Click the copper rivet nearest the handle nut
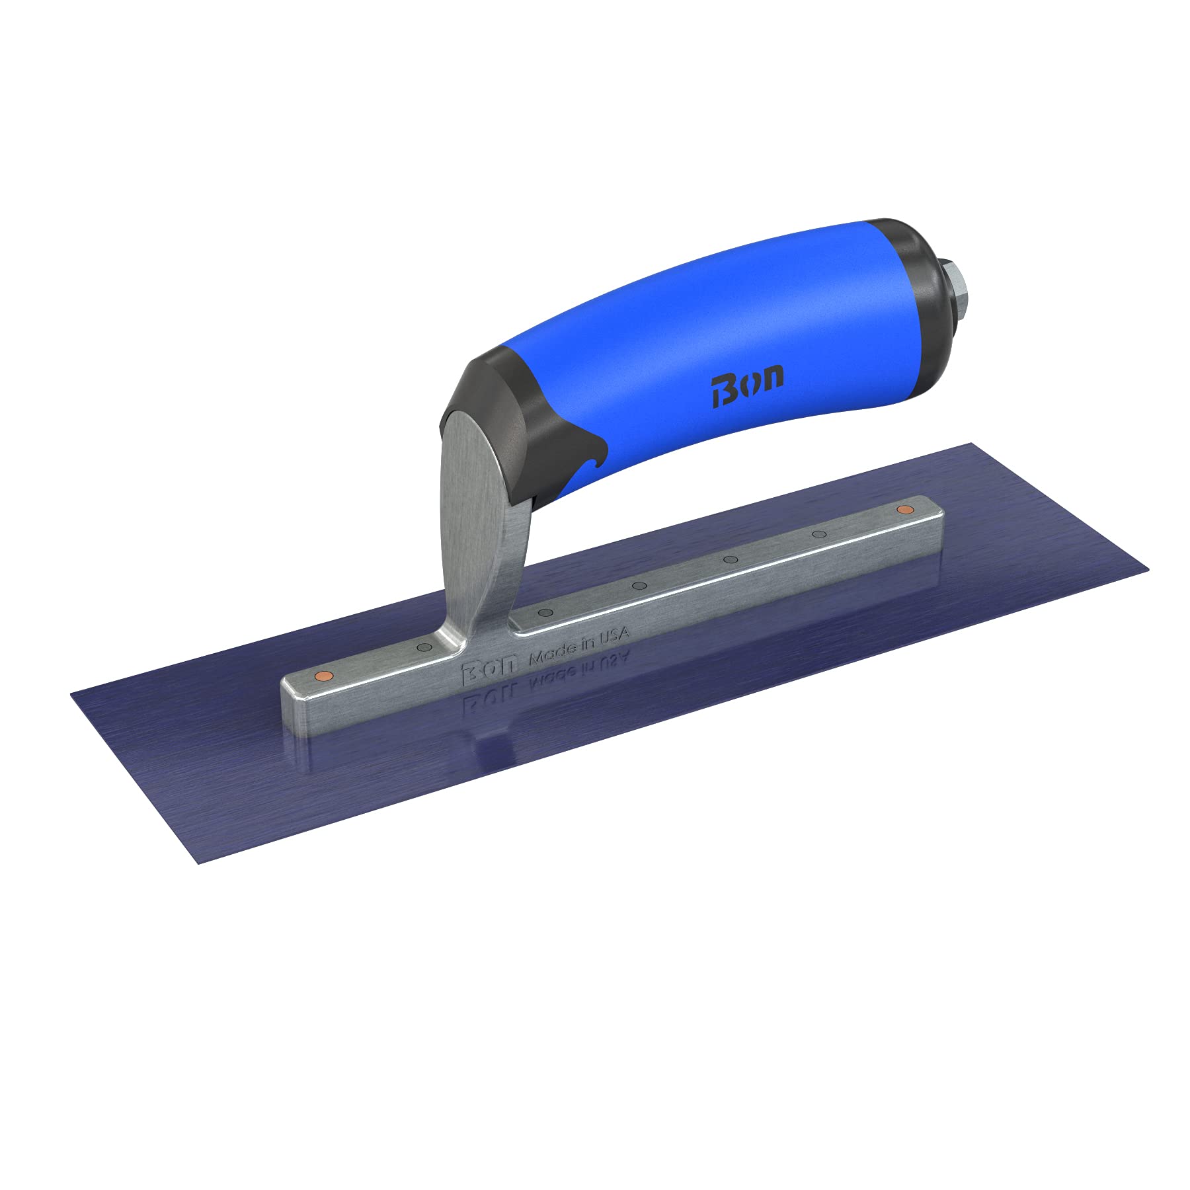pyautogui.click(x=903, y=509)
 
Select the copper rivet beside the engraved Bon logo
pyautogui.click(x=322, y=675)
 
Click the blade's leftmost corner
pyautogui.click(x=71, y=693)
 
